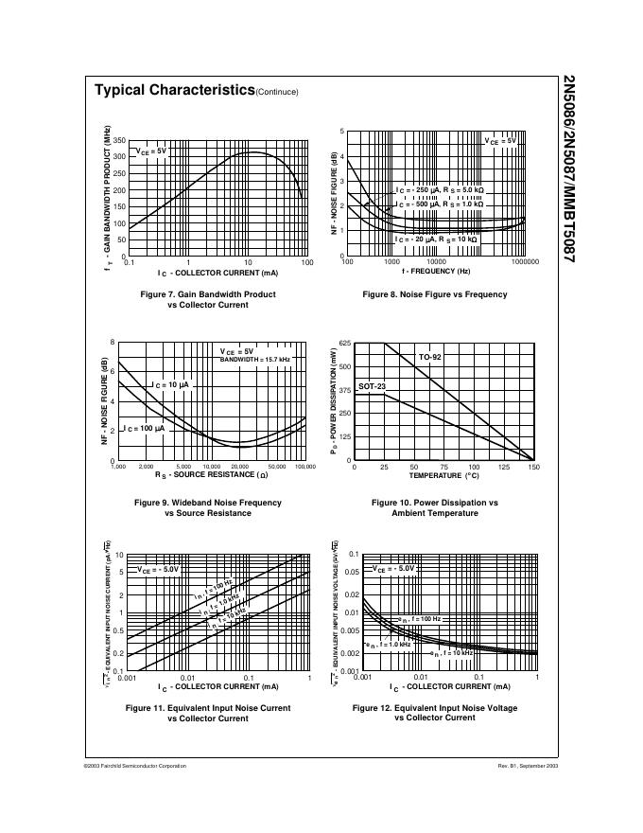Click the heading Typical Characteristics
[x=175, y=90]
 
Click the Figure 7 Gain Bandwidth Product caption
[x=208, y=300]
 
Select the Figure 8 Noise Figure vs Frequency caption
[x=435, y=294]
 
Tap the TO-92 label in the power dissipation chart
[x=430, y=357]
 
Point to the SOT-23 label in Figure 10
[x=372, y=387]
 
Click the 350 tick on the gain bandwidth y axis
[x=120, y=140]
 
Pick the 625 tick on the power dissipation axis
[x=344, y=343]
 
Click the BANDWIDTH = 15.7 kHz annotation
[x=256, y=361]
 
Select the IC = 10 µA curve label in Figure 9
[x=171, y=385]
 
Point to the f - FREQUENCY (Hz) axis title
[x=435, y=271]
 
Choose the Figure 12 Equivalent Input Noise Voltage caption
[x=435, y=713]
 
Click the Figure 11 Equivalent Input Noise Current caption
[x=208, y=713]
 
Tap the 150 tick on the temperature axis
[x=533, y=467]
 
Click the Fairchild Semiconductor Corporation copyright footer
[x=134, y=765]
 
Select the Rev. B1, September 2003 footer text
[x=528, y=765]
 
